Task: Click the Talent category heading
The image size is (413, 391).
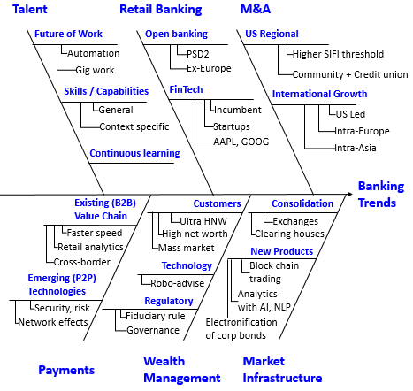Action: tap(30, 9)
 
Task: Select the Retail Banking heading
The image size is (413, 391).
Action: tap(161, 10)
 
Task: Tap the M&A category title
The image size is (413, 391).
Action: tap(256, 9)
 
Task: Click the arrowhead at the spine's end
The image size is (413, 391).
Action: tap(350, 194)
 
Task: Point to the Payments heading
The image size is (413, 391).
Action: tap(66, 371)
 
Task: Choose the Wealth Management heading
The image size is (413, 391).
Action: tap(182, 370)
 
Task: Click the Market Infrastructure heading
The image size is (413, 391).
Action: tap(282, 370)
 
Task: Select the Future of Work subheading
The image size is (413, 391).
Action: tap(68, 34)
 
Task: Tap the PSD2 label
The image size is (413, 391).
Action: tap(198, 54)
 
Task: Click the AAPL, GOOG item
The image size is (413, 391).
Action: tap(241, 142)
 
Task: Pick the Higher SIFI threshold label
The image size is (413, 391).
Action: tap(338, 54)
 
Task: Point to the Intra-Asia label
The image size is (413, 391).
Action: tap(356, 148)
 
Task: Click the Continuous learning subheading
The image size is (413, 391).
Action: tap(134, 153)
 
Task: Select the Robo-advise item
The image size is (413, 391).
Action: tap(178, 283)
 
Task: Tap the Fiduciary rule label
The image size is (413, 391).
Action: tap(156, 316)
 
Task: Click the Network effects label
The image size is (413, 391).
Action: tap(53, 322)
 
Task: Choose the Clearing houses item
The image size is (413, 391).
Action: tap(290, 234)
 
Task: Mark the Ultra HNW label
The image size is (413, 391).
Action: tap(203, 221)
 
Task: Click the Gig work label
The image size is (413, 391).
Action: tap(95, 70)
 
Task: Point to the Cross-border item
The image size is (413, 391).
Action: tap(82, 262)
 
